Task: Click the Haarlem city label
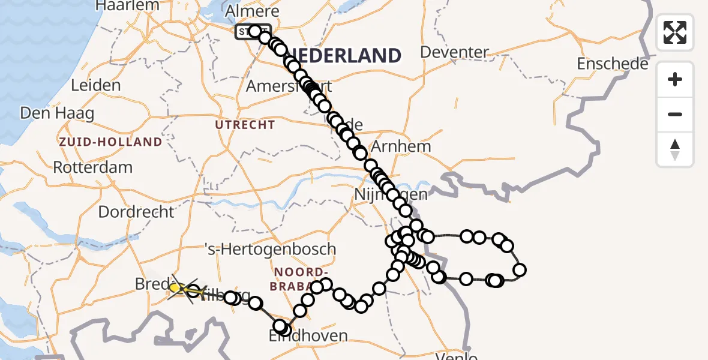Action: (129, 5)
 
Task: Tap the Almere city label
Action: (251, 11)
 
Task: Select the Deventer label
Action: (454, 52)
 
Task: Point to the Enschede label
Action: (612, 64)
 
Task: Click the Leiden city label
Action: (95, 85)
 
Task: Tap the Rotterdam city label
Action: (92, 167)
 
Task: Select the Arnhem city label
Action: (401, 146)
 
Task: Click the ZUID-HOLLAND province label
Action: (110, 142)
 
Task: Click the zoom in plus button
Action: (675, 79)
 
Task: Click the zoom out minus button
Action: (675, 114)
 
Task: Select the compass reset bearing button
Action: (675, 149)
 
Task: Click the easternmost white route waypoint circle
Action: (520, 270)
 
